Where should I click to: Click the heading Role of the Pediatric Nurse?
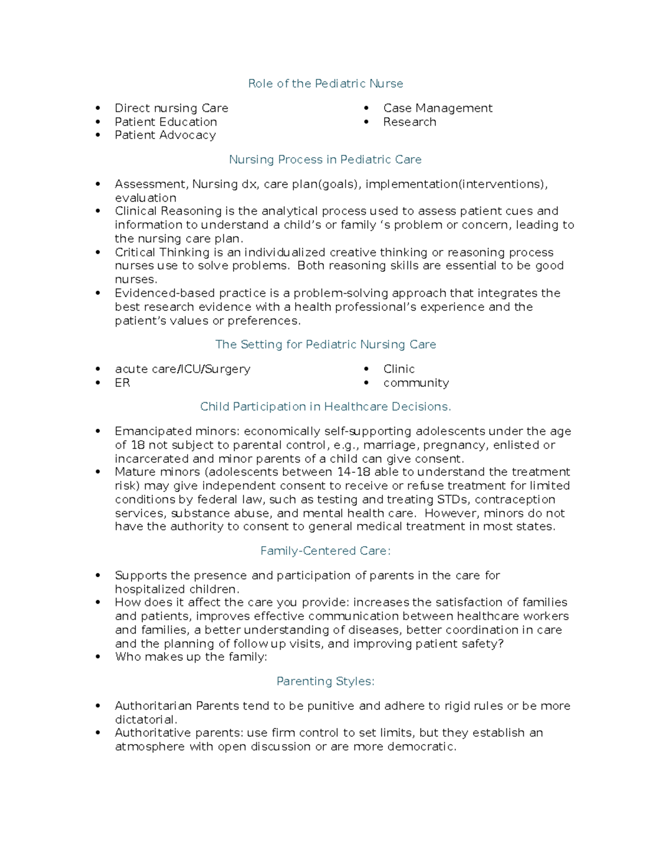[x=325, y=84]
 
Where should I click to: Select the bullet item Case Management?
[x=437, y=108]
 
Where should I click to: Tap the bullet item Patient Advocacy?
[x=165, y=135]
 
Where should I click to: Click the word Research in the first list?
[x=409, y=122]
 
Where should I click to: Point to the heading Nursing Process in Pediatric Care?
[x=325, y=160]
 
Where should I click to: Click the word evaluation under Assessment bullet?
[x=145, y=198]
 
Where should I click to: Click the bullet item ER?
[x=122, y=383]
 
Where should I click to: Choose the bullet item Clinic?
[x=399, y=369]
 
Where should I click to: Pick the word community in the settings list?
[x=416, y=383]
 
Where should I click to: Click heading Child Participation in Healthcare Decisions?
[x=325, y=407]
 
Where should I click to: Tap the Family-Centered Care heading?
[x=325, y=551]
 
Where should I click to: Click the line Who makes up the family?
[x=191, y=657]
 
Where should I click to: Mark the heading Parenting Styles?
[x=325, y=682]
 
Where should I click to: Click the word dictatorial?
[x=145, y=720]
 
